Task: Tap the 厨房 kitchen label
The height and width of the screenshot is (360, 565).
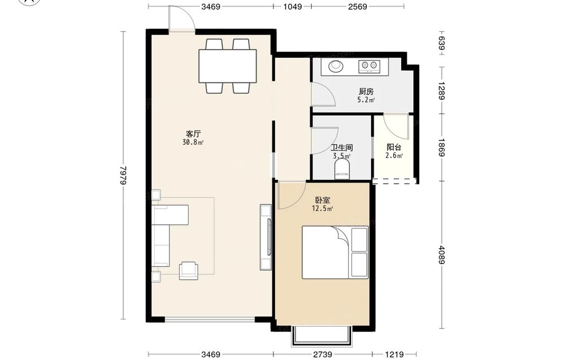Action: point(366,92)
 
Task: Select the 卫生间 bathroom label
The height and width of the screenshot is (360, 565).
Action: point(342,148)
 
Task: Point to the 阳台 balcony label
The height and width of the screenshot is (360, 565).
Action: point(394,147)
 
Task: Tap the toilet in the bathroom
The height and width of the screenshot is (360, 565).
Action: point(342,169)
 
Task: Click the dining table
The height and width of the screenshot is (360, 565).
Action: point(228,66)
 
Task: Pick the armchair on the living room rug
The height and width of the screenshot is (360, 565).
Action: point(189,270)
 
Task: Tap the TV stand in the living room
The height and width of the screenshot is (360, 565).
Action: point(266,237)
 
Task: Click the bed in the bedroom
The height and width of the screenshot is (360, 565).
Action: point(334,252)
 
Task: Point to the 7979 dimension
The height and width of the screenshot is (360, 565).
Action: point(124,176)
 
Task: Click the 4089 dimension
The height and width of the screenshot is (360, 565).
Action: point(442,254)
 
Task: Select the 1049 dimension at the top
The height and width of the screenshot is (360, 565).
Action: point(292,6)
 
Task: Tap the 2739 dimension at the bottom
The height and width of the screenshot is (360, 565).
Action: point(323,354)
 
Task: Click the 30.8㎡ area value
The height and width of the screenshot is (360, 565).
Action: point(193,142)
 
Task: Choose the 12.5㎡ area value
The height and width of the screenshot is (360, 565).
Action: point(323,209)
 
